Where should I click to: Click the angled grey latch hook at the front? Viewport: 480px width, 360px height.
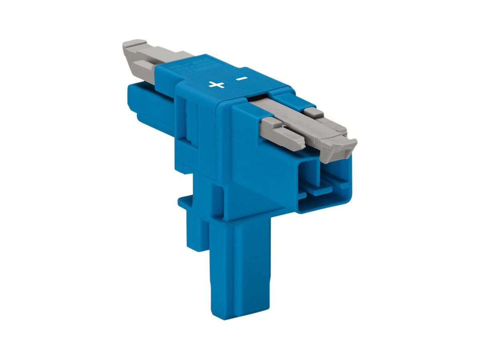tap(338, 148)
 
